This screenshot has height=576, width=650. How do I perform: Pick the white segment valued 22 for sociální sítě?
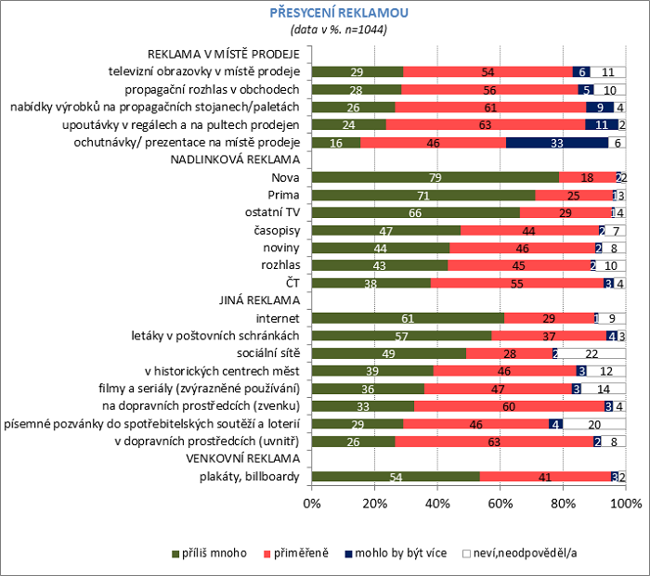(591, 353)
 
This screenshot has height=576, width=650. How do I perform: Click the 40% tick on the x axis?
(438, 504)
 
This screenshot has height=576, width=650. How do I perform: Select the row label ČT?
(290, 283)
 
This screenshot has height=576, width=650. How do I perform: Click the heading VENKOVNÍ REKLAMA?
(241, 459)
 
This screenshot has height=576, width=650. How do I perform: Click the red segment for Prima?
(574, 195)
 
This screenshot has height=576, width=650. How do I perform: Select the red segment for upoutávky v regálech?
(486, 124)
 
